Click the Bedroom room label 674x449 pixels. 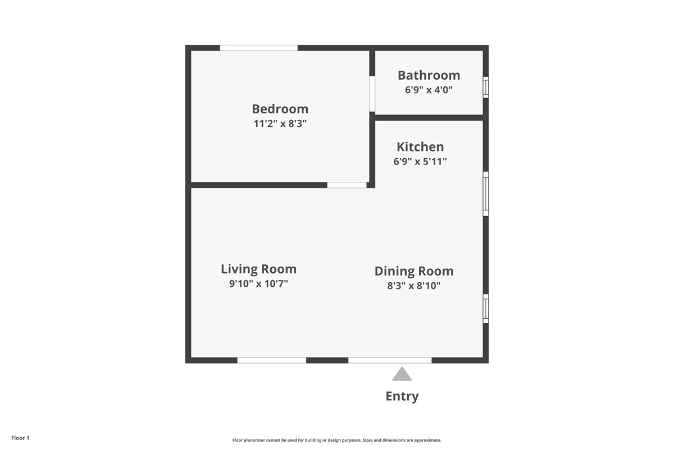[280, 109]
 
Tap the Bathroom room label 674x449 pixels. [429, 75]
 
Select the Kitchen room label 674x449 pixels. [420, 146]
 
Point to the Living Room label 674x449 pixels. [258, 269]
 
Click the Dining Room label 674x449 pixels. [414, 271]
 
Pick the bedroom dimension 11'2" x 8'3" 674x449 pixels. [280, 123]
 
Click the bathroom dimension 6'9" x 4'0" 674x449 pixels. [429, 90]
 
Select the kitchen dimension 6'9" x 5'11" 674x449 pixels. [420, 162]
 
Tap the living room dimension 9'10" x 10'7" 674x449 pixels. [258, 283]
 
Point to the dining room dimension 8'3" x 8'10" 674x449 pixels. [414, 286]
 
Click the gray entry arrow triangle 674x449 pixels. [402, 374]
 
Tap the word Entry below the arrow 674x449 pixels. [402, 396]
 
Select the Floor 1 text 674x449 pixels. [20, 438]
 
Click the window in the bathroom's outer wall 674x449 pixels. [486, 87]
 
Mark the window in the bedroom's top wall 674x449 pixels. [259, 48]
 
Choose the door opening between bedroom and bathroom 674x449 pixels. [372, 94]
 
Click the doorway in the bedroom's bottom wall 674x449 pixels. [347, 185]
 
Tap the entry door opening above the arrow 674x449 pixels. [390, 360]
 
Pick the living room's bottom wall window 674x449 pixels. [272, 360]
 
